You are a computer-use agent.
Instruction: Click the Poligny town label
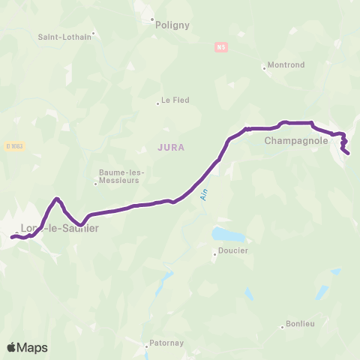click(x=172, y=25)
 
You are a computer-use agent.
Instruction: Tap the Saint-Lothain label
click(x=64, y=36)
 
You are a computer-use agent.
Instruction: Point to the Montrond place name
click(x=286, y=65)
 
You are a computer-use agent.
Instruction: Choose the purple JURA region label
click(x=171, y=148)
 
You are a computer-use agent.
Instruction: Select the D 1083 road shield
click(x=13, y=145)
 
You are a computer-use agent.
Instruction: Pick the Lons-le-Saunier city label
click(x=60, y=229)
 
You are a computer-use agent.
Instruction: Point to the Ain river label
click(x=202, y=194)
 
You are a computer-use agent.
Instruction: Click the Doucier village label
click(x=232, y=251)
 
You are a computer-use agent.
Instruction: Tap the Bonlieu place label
click(x=300, y=325)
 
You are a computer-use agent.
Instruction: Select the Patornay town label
click(x=168, y=346)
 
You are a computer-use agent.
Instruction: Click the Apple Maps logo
click(x=27, y=347)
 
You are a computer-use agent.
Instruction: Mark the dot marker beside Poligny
click(x=151, y=20)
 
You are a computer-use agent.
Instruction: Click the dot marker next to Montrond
click(x=264, y=67)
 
